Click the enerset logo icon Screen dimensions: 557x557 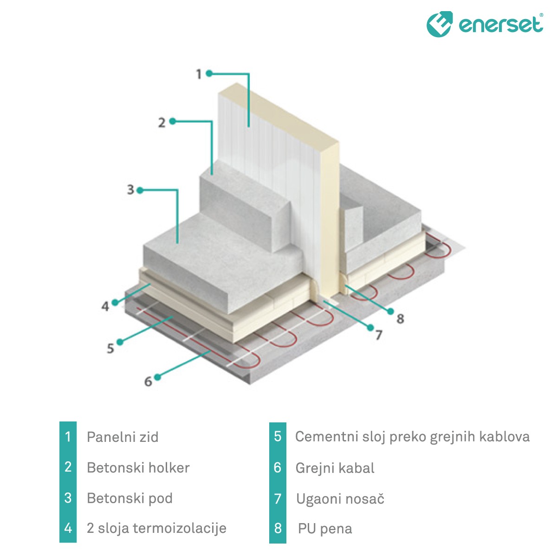coord(439,24)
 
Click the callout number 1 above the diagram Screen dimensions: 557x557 coord(199,74)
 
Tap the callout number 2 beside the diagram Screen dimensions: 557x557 coord(162,123)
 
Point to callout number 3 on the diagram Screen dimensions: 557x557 coord(130,190)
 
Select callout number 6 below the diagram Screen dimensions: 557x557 coord(148,382)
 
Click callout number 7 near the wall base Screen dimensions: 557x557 coord(379,335)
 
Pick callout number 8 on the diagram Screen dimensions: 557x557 coord(400,318)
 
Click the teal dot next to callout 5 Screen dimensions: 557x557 coord(120,342)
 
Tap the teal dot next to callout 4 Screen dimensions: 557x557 coord(115,302)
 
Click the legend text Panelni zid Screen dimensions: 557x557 coord(123,437)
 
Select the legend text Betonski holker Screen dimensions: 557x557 coord(138,468)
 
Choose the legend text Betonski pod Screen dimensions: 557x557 coord(130,499)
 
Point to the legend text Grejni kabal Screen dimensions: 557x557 coord(335,468)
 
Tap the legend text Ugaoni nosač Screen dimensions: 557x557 coord(340,499)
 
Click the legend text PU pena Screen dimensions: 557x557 coord(325,529)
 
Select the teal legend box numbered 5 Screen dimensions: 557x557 coord(278,436)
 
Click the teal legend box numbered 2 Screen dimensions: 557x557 coord(68,467)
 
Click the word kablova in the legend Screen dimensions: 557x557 coord(504,437)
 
